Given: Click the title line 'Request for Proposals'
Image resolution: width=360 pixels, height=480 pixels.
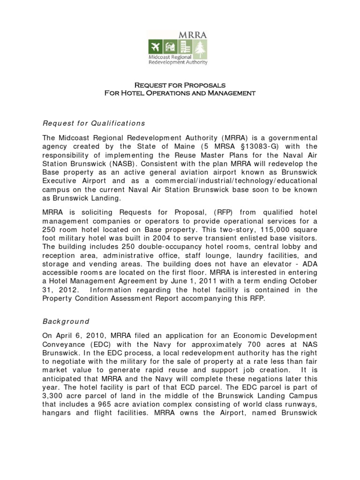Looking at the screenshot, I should (180, 85).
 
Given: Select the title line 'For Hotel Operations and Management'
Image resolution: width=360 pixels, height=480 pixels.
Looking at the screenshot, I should (180, 93).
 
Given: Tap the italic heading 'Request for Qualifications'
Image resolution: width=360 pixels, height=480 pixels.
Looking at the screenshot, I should (94, 123).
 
